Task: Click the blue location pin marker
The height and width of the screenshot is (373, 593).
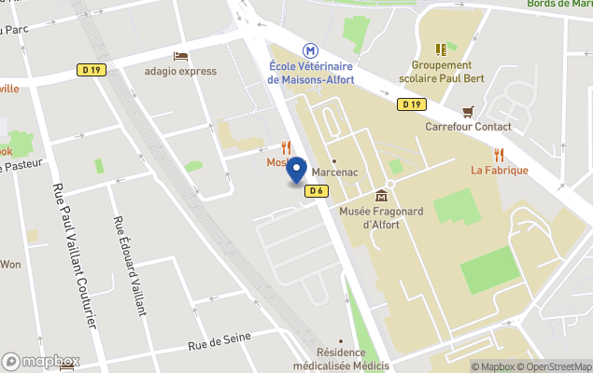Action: [x=297, y=172]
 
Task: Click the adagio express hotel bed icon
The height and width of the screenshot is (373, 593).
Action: [x=180, y=56]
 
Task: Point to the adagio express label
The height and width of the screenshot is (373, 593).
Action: [x=180, y=71]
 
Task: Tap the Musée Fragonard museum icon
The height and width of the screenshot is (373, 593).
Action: [x=381, y=196]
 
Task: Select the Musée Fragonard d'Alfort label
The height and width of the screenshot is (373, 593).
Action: [x=381, y=217]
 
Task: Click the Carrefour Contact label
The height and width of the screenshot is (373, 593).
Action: [x=468, y=127]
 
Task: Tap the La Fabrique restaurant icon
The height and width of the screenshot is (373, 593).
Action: [x=500, y=154]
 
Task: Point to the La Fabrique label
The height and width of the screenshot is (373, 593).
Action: [x=500, y=171]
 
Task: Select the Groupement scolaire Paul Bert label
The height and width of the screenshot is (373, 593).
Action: [x=441, y=72]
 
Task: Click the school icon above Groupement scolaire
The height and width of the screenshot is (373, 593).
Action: [x=441, y=48]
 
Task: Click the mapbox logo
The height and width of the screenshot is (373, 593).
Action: [x=41, y=361]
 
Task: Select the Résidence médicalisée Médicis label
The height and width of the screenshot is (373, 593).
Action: [x=351, y=359]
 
